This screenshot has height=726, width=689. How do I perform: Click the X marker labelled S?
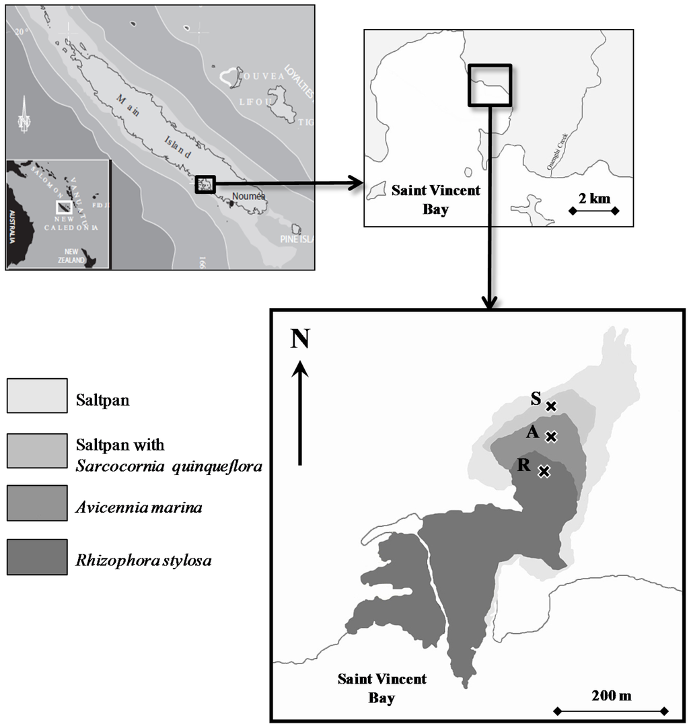coord(551,406)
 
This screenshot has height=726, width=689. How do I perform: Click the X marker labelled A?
coord(551,437)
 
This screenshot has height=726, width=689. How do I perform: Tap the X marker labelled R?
coord(544,472)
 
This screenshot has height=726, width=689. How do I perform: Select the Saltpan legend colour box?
coord(37,395)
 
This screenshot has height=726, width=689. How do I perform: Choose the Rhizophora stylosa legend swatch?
coord(37,557)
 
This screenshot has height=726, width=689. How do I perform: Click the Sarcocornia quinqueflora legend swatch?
coord(37,451)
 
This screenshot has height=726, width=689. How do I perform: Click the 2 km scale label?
coord(593,198)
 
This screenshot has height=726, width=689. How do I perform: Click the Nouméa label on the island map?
coord(249,196)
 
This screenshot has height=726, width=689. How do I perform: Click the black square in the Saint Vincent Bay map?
coord(489,85)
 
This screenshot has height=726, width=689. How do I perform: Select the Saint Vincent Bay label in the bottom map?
coord(382,688)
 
